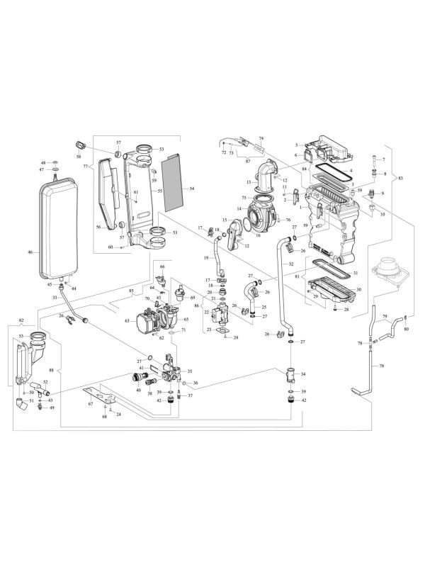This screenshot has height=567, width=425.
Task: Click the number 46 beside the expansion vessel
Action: (x=30, y=252)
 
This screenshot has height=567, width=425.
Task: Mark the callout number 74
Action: (x=261, y=139)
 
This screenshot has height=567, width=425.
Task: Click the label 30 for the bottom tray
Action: (x=359, y=289)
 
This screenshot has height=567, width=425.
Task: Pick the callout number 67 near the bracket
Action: (x=90, y=403)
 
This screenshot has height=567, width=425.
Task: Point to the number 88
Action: (x=52, y=369)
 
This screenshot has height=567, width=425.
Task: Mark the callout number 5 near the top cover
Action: (x=297, y=145)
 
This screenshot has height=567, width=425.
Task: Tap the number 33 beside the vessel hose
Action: (x=54, y=298)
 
